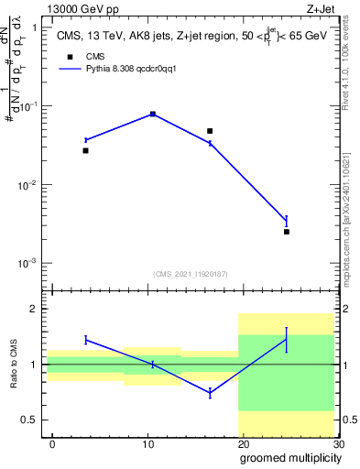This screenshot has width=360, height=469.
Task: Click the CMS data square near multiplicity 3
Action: (86, 150)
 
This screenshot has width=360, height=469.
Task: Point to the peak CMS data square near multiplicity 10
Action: (152, 114)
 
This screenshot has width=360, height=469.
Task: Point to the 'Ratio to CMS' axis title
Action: (14, 364)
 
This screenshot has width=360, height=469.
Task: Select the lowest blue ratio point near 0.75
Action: (210, 392)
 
